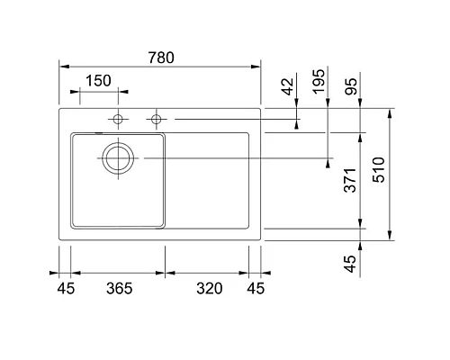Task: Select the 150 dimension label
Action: coord(98,81)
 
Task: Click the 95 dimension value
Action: coord(352,87)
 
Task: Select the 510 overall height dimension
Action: coord(380,171)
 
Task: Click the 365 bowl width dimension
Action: coord(118,289)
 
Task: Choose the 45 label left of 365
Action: coord(65,289)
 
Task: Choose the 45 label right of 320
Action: coord(256,289)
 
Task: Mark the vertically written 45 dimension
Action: coord(352,263)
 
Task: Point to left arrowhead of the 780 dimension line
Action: coord(62,65)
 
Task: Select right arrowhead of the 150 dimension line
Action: coord(114,91)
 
